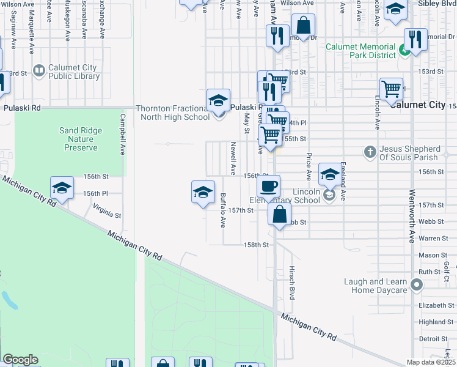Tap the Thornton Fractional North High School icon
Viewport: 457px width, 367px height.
pos(218,100)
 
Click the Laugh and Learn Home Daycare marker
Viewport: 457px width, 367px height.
pos(417,284)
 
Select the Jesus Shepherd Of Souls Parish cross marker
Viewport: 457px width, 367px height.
pos(370,151)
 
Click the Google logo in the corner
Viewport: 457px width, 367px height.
pos(20,360)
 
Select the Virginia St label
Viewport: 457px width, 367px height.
pos(107,212)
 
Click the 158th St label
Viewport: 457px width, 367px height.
pos(257,245)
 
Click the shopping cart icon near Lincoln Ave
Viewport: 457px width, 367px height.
pos(391,89)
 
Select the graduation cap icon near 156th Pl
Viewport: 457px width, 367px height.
pos(62,188)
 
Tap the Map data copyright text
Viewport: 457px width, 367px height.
pos(431,363)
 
